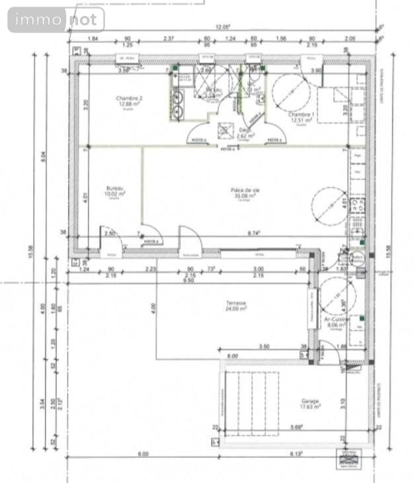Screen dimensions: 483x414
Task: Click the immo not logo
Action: [x=56, y=20]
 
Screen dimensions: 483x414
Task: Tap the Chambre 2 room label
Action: [x=129, y=98]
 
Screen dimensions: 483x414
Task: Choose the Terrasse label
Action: [x=235, y=302]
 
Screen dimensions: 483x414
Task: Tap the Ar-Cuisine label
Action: [x=337, y=319]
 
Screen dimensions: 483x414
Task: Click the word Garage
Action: [x=310, y=402]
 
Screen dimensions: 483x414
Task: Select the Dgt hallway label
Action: [x=243, y=130]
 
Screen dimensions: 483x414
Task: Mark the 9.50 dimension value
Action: [x=188, y=280]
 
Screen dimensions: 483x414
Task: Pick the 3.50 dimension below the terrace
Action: [x=264, y=346]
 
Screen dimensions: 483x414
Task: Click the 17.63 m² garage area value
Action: [x=310, y=408]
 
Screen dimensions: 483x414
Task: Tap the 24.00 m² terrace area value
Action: [x=235, y=308]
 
